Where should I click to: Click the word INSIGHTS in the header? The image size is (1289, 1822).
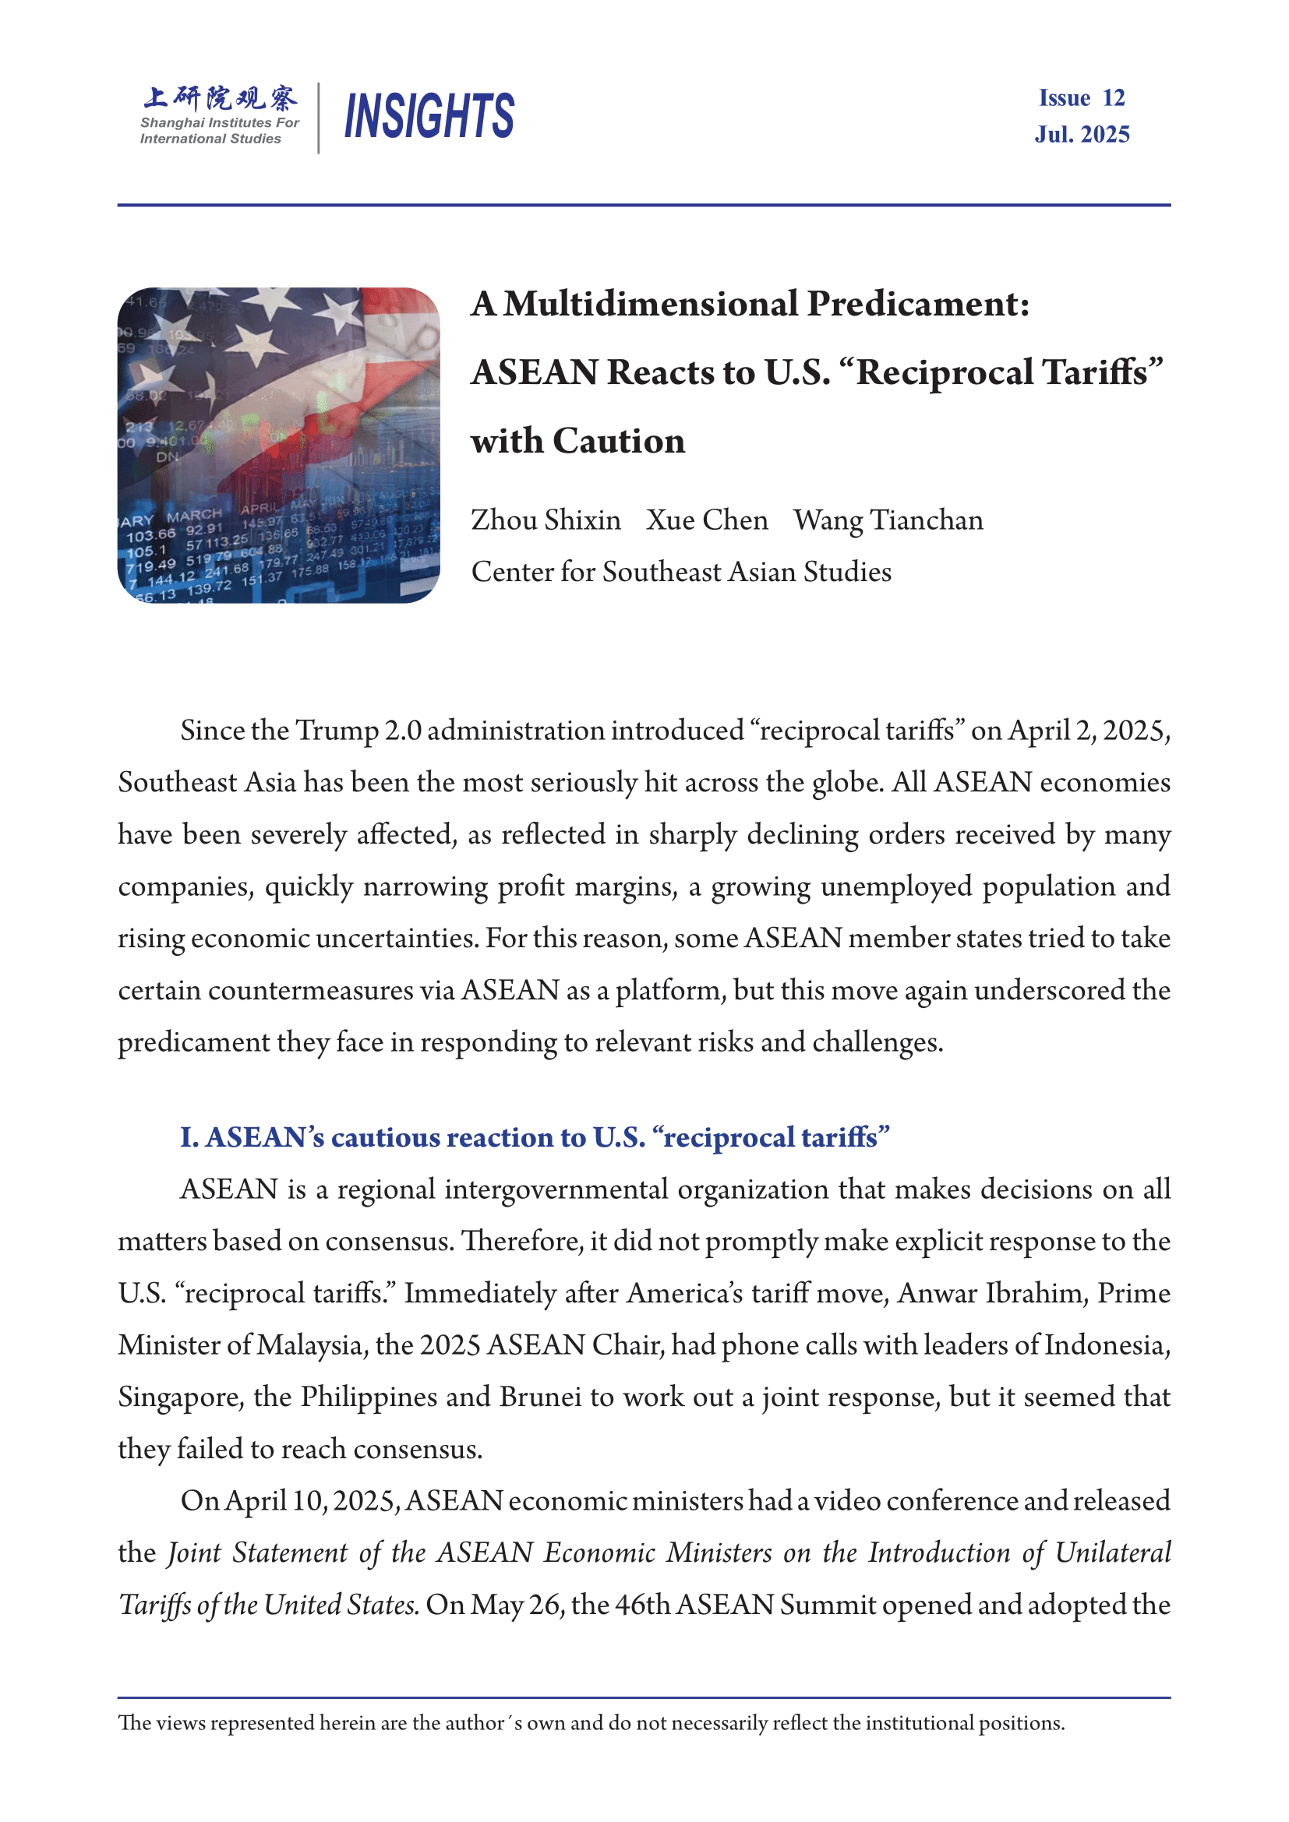429,116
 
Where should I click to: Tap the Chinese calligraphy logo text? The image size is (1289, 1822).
220,97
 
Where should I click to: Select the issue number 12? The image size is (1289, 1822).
1114,97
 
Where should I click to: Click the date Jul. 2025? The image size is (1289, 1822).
1082,134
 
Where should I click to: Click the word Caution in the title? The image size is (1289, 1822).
618,441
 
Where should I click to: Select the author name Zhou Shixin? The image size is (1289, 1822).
546,520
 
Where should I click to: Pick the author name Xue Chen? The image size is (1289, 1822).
707,520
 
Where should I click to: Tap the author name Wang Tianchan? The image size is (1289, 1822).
888,520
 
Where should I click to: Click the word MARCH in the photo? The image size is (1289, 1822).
194,515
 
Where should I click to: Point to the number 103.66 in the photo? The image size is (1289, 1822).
151,535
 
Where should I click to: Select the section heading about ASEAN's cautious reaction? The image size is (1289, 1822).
534,1137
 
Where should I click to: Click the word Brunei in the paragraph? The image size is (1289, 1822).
541,1397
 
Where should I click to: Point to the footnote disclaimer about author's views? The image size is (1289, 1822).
592,1723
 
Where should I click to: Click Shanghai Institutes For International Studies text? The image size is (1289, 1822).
219,131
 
